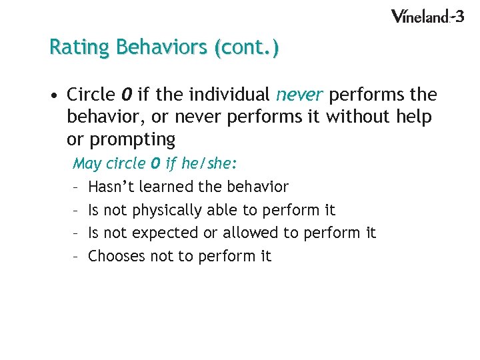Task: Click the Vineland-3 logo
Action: click(x=427, y=16)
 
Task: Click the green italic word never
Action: click(x=299, y=95)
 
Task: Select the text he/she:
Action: click(x=209, y=163)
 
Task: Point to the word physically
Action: click(x=161, y=210)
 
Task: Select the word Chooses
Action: click(x=117, y=256)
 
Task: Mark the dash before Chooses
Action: click(x=77, y=256)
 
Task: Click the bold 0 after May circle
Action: click(x=156, y=163)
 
